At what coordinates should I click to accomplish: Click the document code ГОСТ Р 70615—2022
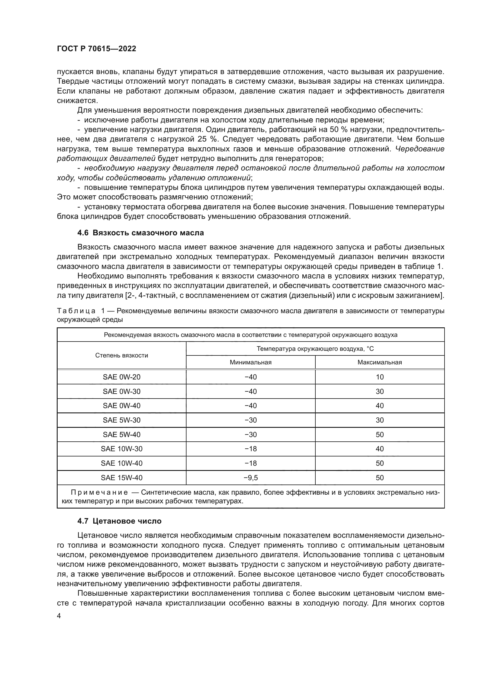point(96,49)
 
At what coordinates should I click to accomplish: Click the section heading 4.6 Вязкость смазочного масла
point(140,233)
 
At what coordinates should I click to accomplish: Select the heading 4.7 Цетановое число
point(119,529)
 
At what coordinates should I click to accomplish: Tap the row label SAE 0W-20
point(122,377)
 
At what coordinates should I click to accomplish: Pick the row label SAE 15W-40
point(122,478)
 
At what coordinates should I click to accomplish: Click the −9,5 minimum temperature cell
point(251,478)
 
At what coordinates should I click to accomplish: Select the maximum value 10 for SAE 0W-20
point(380,377)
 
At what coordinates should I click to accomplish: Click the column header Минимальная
point(251,362)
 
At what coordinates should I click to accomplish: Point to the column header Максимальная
point(380,362)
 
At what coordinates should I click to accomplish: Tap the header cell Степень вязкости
point(122,356)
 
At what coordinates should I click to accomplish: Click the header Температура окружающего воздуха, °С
point(315,349)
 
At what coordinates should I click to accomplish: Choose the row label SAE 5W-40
point(122,435)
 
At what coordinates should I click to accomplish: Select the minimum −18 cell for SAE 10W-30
point(251,449)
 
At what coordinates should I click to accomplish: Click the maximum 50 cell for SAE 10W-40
point(380,463)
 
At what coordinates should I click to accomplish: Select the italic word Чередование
point(420,149)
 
